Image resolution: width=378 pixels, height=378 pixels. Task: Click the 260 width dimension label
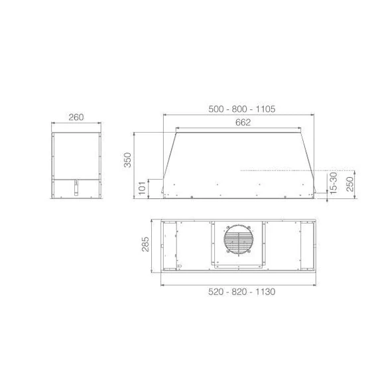(x=76, y=117)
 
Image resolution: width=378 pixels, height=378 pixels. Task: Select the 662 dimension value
(x=243, y=123)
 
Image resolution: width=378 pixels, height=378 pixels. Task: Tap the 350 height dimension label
(x=127, y=160)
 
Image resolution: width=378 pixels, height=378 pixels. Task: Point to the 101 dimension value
(x=142, y=188)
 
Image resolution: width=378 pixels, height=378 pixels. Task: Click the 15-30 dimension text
(x=334, y=183)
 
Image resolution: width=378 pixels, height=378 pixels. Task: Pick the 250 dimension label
(x=349, y=184)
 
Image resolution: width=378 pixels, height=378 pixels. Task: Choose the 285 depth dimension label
(x=145, y=244)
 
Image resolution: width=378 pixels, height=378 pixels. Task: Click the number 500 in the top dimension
(x=216, y=109)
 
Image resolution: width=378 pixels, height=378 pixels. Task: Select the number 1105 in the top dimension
(x=265, y=109)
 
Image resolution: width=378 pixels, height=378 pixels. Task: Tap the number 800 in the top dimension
(x=239, y=109)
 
